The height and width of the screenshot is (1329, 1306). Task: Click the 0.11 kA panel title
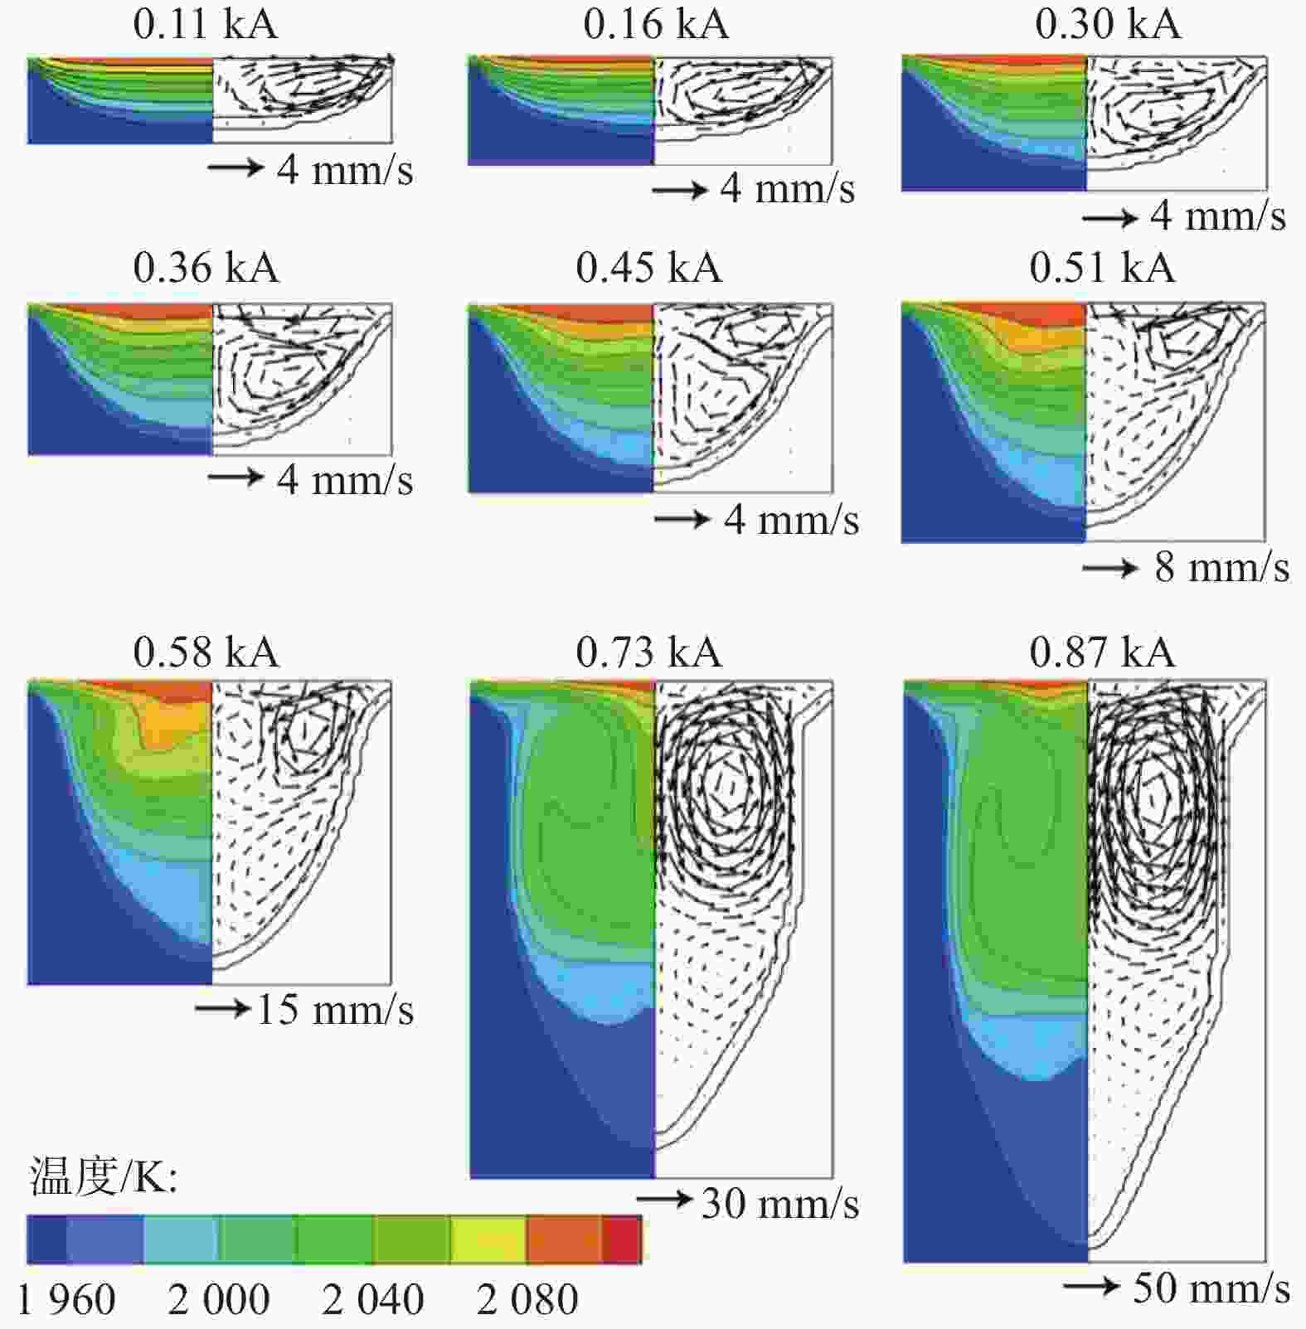pos(205,24)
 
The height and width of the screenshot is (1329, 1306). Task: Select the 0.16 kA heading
pos(656,24)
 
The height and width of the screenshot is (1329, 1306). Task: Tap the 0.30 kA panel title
pos(1108,24)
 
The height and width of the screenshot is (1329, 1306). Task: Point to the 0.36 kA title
pos(206,269)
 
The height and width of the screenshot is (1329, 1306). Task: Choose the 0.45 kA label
pos(648,269)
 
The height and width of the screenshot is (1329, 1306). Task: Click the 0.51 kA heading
pos(1102,269)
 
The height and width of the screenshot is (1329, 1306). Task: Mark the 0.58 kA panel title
pos(206,652)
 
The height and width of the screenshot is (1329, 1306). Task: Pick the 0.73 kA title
pos(648,652)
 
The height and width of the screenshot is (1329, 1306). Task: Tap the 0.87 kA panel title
pos(1102,652)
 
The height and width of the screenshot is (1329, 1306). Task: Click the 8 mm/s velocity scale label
pos(1222,568)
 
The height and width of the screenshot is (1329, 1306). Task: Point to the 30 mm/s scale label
pos(780,1204)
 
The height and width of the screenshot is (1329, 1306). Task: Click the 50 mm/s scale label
pos(1211,1288)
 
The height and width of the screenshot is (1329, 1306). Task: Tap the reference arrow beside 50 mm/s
pos(1090,1286)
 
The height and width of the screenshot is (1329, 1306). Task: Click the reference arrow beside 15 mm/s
pos(222,1008)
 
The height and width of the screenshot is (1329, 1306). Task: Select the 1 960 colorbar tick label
pos(66,1300)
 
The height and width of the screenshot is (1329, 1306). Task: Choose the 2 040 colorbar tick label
pos(372,1300)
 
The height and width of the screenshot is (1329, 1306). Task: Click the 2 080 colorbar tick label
pos(527,1300)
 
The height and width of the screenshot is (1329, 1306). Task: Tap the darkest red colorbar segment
pos(621,1239)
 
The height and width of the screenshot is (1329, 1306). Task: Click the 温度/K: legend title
pos(104,1176)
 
